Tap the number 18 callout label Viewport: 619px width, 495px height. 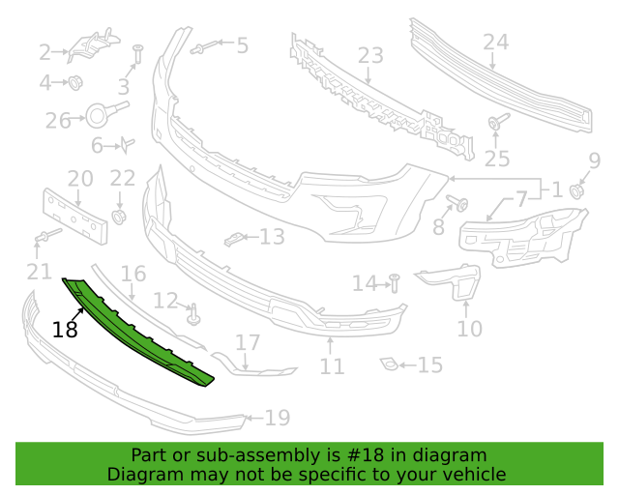[x=65, y=330]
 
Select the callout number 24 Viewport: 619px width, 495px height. [x=495, y=42]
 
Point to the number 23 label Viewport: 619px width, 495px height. [x=370, y=56]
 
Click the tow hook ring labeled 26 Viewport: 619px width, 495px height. [x=99, y=117]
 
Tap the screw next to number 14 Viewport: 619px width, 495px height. [x=395, y=282]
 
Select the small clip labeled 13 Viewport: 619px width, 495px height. [x=233, y=237]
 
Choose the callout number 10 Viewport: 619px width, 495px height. [x=469, y=329]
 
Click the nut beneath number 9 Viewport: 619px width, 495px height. [x=577, y=189]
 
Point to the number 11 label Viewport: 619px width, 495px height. [x=332, y=366]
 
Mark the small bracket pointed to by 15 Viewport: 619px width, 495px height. [x=389, y=364]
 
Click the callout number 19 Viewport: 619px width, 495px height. [x=278, y=418]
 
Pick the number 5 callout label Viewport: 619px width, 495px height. [x=241, y=44]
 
